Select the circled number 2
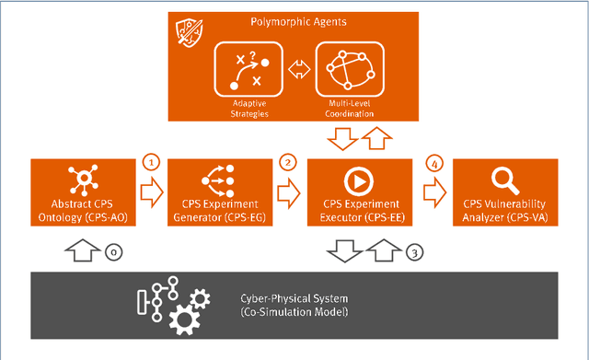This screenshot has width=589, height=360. pyautogui.click(x=288, y=163)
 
